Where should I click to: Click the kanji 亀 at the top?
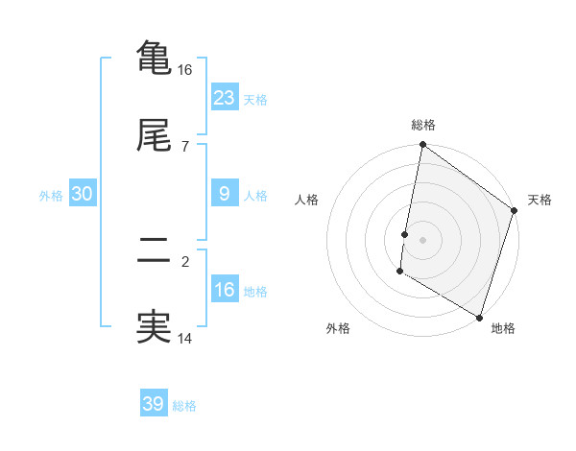pos(153,57)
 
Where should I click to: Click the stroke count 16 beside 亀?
pos(185,70)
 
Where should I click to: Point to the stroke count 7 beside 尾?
pos(185,146)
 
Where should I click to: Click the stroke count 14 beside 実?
pos(185,338)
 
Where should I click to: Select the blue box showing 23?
pos(225,97)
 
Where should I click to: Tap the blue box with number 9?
pos(225,193)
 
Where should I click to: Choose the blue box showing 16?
pos(225,289)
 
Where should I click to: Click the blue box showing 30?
pos(83,193)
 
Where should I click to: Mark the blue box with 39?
pos(154,404)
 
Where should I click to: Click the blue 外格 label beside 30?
pos(51,195)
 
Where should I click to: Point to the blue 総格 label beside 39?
pos(184,406)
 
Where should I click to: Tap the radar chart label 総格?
pos(423,126)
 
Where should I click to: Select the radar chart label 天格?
pos(540,200)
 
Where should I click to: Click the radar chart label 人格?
pos(307,200)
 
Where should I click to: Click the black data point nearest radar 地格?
pos(479,316)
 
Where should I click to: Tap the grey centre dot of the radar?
pos(423,239)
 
